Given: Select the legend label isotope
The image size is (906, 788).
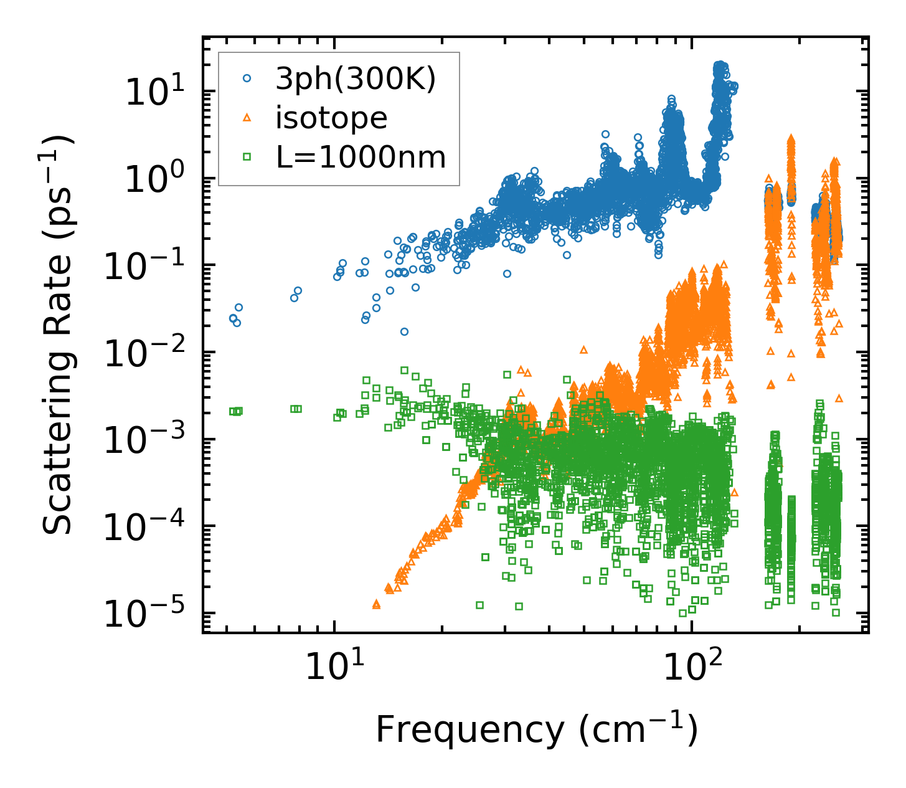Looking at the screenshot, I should tap(331, 118).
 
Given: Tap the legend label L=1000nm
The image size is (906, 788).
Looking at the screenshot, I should tap(361, 157).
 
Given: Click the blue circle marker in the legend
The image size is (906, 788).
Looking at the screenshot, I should tap(247, 79).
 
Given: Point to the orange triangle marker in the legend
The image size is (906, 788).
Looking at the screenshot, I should tap(247, 118).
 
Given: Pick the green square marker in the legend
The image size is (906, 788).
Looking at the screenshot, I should tap(247, 157).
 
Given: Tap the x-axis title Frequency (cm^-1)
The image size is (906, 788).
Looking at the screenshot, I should tap(536, 730).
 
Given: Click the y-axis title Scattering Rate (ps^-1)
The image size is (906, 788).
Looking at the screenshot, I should tap(58, 335).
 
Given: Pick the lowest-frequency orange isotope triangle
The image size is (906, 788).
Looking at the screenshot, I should tap(376, 604).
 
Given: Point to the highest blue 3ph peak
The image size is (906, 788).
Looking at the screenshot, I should tap(720, 65).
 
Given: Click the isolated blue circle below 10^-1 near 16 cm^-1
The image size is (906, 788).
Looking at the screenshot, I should tap(404, 331).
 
